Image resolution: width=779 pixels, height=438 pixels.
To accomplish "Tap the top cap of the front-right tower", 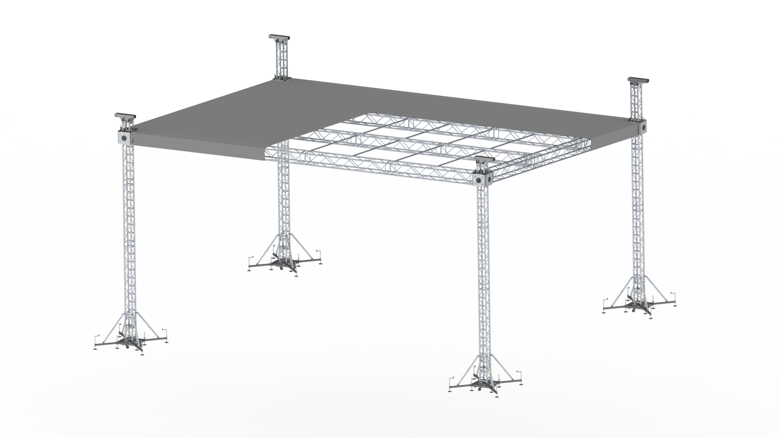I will point(484,159).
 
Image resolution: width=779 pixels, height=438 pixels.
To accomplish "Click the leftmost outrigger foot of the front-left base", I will point(97,346).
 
